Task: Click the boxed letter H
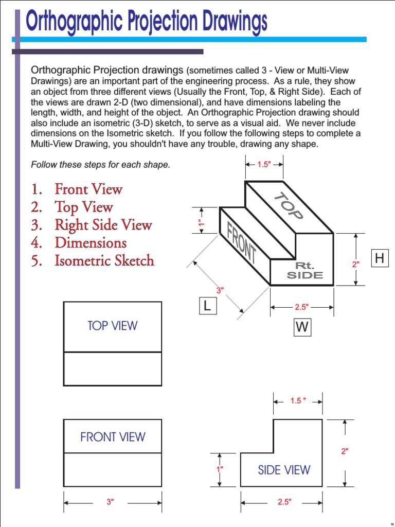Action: (380, 259)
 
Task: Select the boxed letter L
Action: (207, 306)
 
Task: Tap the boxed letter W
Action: (302, 328)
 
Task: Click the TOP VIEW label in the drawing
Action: (113, 326)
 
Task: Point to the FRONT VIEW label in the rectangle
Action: (113, 437)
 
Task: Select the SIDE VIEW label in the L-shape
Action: (284, 470)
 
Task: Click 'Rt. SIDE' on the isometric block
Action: (304, 270)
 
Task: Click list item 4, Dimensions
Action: (91, 242)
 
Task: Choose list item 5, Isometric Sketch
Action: (104, 260)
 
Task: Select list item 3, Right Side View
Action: (103, 225)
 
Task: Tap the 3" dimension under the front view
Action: (110, 502)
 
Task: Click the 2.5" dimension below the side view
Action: (284, 502)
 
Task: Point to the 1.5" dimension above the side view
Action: (298, 401)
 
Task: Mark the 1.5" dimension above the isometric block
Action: (263, 165)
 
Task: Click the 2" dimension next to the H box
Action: (355, 264)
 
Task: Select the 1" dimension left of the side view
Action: (220, 469)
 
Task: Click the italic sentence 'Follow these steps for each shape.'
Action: (100, 165)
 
